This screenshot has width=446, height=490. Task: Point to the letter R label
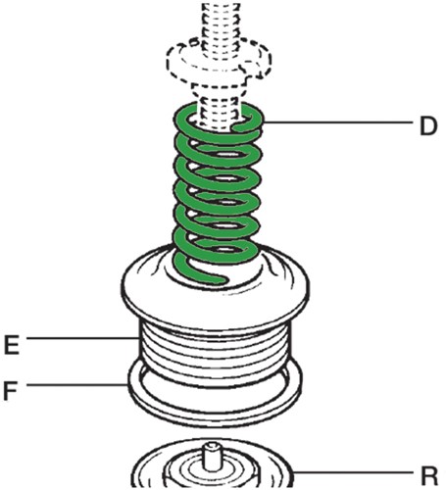tap(428, 475)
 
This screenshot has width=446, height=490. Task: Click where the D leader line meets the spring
tap(267, 122)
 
